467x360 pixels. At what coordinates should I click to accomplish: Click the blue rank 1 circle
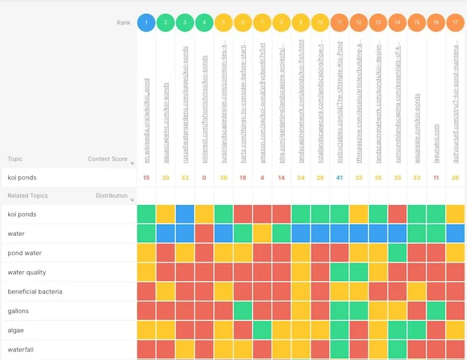point(146,23)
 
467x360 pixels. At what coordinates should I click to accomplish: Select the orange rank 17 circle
point(456,23)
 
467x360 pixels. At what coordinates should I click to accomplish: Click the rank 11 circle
point(339,23)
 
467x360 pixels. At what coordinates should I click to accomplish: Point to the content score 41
point(339,177)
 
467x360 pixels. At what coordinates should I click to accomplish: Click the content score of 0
point(204,177)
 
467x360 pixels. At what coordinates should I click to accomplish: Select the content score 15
point(146,177)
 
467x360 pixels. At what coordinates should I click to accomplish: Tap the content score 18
point(243,177)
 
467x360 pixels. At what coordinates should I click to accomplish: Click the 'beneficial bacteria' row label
point(34,292)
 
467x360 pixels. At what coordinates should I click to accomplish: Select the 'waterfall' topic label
point(21,349)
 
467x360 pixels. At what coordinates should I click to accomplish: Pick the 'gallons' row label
point(18,311)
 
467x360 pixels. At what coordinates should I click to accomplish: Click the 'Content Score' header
point(108,159)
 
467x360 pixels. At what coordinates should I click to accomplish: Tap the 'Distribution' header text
point(112,196)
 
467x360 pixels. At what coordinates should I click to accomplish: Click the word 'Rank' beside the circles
point(123,23)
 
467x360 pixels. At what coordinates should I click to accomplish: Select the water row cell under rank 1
point(147,234)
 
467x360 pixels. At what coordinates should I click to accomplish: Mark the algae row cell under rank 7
point(263,330)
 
